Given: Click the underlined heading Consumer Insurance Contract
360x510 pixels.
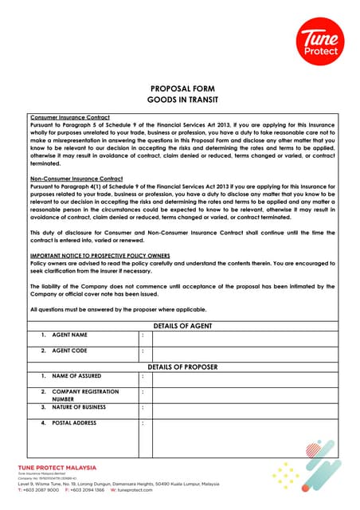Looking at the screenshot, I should point(65,117).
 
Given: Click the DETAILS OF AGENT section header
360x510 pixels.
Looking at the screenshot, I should point(181,324).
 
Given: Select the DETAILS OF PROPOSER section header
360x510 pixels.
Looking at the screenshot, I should point(181,367).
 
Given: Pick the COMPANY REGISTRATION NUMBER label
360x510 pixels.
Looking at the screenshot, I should point(84,395).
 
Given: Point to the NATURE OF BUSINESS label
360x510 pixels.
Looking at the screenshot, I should point(78,407).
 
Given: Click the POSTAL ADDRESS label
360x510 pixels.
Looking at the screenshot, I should point(73,422).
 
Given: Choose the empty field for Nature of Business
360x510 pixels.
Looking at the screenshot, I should point(243,409).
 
